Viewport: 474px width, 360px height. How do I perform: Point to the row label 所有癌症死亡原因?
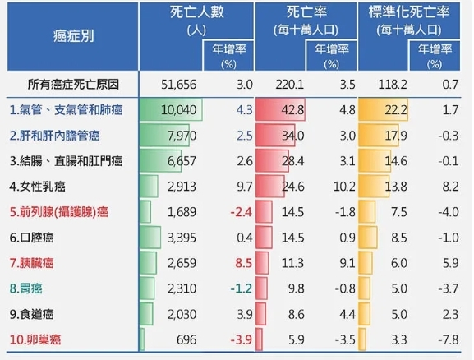[x=75, y=84]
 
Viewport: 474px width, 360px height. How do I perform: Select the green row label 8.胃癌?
[x=29, y=288]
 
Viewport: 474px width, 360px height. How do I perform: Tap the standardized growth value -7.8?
[x=448, y=339]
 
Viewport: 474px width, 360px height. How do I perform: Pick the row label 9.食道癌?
[x=35, y=313]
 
